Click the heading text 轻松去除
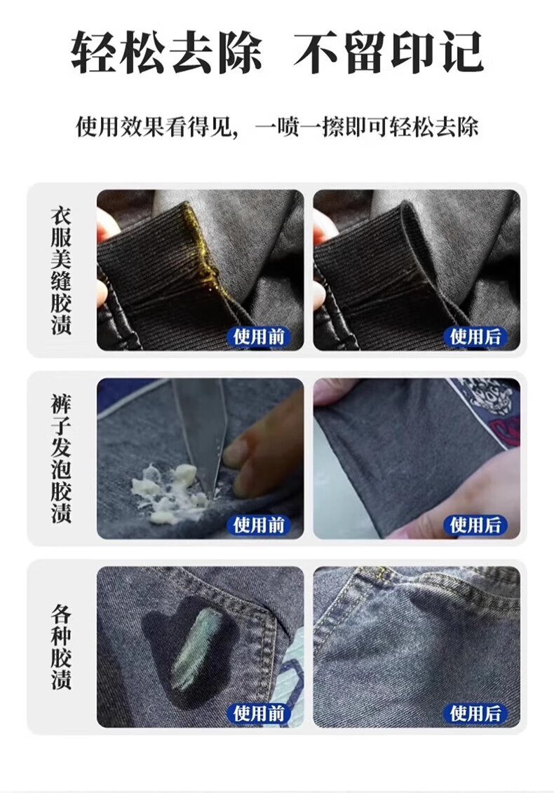[167, 52]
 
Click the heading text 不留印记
[389, 52]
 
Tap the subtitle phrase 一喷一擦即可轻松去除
[367, 127]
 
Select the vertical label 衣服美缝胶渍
[61, 270]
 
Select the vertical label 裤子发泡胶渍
[61, 459]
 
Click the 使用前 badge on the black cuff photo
[259, 336]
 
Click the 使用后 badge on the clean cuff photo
[475, 336]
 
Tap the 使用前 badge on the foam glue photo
[259, 525]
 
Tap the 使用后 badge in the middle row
[475, 525]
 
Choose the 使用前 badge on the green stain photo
[259, 713]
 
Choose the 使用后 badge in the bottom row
[475, 713]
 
